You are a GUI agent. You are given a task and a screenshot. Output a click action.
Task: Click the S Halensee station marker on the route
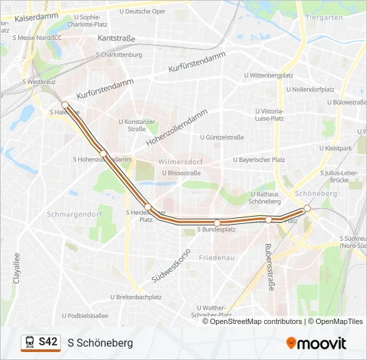coord(65,105)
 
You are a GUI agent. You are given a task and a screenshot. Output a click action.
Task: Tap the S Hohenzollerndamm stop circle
coord(103,153)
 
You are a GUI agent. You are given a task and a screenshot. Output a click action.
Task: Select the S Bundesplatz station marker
coord(217,222)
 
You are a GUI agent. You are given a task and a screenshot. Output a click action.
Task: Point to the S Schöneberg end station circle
coord(307,209)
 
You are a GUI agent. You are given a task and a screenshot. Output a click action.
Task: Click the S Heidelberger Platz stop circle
coord(149,207)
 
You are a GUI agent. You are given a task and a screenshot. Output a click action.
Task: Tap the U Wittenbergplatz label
coord(270,76)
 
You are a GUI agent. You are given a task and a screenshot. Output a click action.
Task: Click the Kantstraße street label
coord(117,39)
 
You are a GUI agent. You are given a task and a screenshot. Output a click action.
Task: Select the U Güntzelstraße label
coord(222,137)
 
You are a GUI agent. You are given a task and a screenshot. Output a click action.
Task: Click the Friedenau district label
coord(216,257)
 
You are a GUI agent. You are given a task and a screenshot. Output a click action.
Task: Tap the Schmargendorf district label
coord(73,215)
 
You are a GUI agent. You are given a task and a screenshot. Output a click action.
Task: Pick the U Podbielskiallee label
coord(85,316)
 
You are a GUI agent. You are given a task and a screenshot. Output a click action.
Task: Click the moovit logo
coord(316,343)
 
